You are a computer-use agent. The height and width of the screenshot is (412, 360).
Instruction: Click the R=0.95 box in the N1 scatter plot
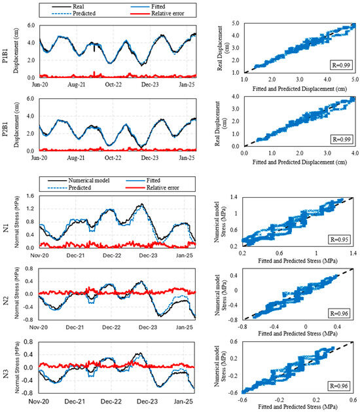(339, 240)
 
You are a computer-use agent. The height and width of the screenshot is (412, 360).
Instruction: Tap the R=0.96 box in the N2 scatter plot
(339, 314)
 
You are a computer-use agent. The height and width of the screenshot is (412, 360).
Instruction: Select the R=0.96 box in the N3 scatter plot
(339, 386)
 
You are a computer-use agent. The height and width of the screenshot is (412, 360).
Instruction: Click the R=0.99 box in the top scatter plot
(341, 65)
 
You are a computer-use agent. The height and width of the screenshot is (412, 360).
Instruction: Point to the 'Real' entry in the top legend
(68, 7)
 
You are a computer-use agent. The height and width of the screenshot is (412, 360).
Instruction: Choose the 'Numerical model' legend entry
(79, 181)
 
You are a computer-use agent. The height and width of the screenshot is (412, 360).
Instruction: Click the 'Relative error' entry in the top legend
(157, 13)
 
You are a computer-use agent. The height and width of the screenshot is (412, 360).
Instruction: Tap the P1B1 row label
(5, 56)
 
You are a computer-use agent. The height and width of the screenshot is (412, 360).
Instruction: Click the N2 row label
(5, 301)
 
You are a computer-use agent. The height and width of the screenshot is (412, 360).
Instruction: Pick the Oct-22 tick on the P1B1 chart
(113, 84)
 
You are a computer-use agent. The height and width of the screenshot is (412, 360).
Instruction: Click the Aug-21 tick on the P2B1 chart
(76, 158)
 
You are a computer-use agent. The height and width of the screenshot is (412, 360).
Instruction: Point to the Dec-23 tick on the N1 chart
(149, 255)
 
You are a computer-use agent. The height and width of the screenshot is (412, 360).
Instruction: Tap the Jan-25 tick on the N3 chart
(183, 402)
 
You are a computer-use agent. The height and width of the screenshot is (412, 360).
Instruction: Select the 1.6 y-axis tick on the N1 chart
(31, 196)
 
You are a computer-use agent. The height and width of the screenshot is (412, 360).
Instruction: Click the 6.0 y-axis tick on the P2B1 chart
(31, 98)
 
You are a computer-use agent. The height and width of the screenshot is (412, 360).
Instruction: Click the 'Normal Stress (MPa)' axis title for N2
(17, 293)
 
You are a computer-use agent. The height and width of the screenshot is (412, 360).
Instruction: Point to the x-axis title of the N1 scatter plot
(298, 261)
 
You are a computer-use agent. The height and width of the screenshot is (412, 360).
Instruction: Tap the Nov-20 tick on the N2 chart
(39, 328)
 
